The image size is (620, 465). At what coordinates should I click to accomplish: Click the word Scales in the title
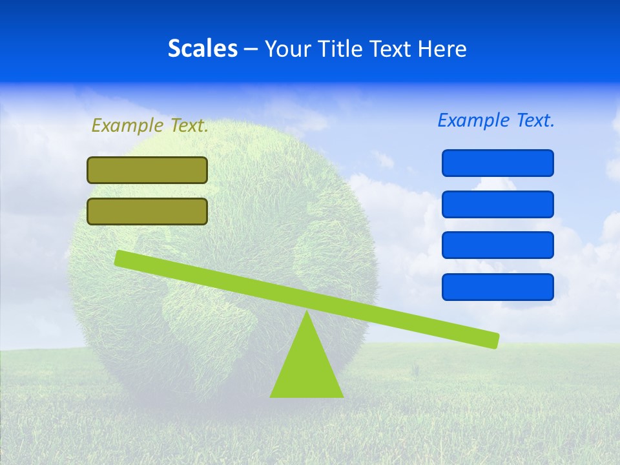[202, 48]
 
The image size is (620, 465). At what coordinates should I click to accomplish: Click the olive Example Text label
[150, 126]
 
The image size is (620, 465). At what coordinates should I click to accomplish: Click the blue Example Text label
[496, 120]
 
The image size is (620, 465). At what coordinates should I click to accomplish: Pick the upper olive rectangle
[147, 170]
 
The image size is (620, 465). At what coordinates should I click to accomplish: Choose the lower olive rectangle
[147, 212]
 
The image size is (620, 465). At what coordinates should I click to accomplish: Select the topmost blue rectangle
[498, 163]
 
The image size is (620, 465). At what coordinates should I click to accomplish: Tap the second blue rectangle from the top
[498, 204]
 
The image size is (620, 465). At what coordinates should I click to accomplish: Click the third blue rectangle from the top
[498, 245]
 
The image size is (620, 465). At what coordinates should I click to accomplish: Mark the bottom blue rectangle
[498, 287]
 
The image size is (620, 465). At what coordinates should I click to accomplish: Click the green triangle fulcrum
[307, 368]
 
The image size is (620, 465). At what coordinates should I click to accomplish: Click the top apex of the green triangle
[307, 313]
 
